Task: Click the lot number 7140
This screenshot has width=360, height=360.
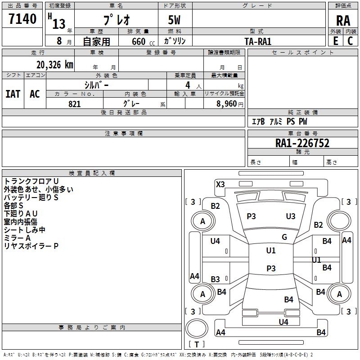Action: coord(23,19)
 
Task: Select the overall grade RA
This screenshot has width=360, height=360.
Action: coord(343,20)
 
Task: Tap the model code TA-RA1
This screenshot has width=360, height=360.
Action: coord(258,41)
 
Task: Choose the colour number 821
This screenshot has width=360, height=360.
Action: coord(75,104)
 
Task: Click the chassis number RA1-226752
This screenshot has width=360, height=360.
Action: coord(302,143)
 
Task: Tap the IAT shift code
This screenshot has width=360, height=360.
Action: coord(13,94)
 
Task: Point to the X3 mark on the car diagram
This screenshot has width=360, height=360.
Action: coord(220,184)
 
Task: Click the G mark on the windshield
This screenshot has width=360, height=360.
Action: coord(284,237)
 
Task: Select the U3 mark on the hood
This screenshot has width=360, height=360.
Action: coord(291,216)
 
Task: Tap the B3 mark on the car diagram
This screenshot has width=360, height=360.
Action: coord(216,279)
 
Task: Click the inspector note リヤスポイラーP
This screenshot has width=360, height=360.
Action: coord(31,246)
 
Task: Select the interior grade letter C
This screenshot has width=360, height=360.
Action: coord(350,41)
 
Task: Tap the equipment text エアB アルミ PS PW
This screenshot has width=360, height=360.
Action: coord(279,122)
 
